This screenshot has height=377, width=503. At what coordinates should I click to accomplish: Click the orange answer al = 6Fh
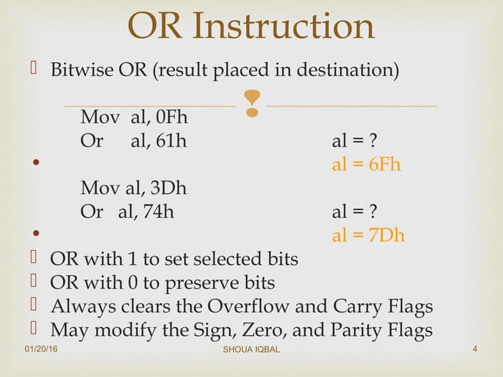367,166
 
